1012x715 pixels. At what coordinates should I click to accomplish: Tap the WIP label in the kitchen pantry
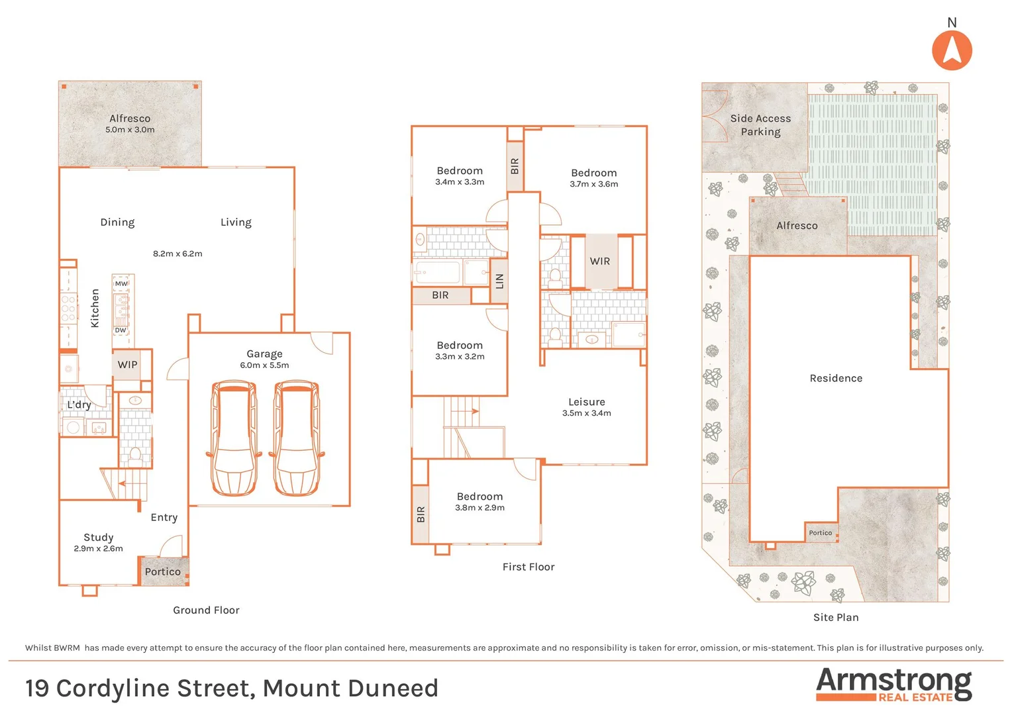tap(128, 365)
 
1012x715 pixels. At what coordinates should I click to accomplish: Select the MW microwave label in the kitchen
tap(121, 283)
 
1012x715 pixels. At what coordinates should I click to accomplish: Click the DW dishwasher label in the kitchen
tap(121, 330)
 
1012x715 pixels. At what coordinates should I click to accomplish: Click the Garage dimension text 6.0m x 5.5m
tap(264, 365)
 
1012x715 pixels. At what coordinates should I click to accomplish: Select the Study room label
tap(98, 537)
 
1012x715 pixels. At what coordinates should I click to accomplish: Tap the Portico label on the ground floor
tap(162, 571)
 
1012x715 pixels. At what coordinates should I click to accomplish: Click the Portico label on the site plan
tap(820, 533)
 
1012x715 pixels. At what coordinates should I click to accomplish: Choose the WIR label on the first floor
tap(600, 262)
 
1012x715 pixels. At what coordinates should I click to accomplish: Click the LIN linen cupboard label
tap(500, 281)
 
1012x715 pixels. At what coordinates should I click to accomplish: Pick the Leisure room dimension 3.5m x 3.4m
tap(586, 413)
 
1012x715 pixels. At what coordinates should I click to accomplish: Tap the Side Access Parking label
tap(760, 125)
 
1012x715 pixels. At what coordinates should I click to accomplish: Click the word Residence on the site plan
tap(836, 378)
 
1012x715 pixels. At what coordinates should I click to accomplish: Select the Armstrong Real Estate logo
tap(893, 684)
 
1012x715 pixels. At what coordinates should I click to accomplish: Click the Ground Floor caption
tap(206, 610)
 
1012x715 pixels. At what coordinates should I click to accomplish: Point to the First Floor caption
tap(528, 567)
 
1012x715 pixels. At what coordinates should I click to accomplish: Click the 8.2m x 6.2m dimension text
tap(177, 254)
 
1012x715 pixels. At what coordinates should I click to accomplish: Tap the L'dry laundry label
tap(79, 405)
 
